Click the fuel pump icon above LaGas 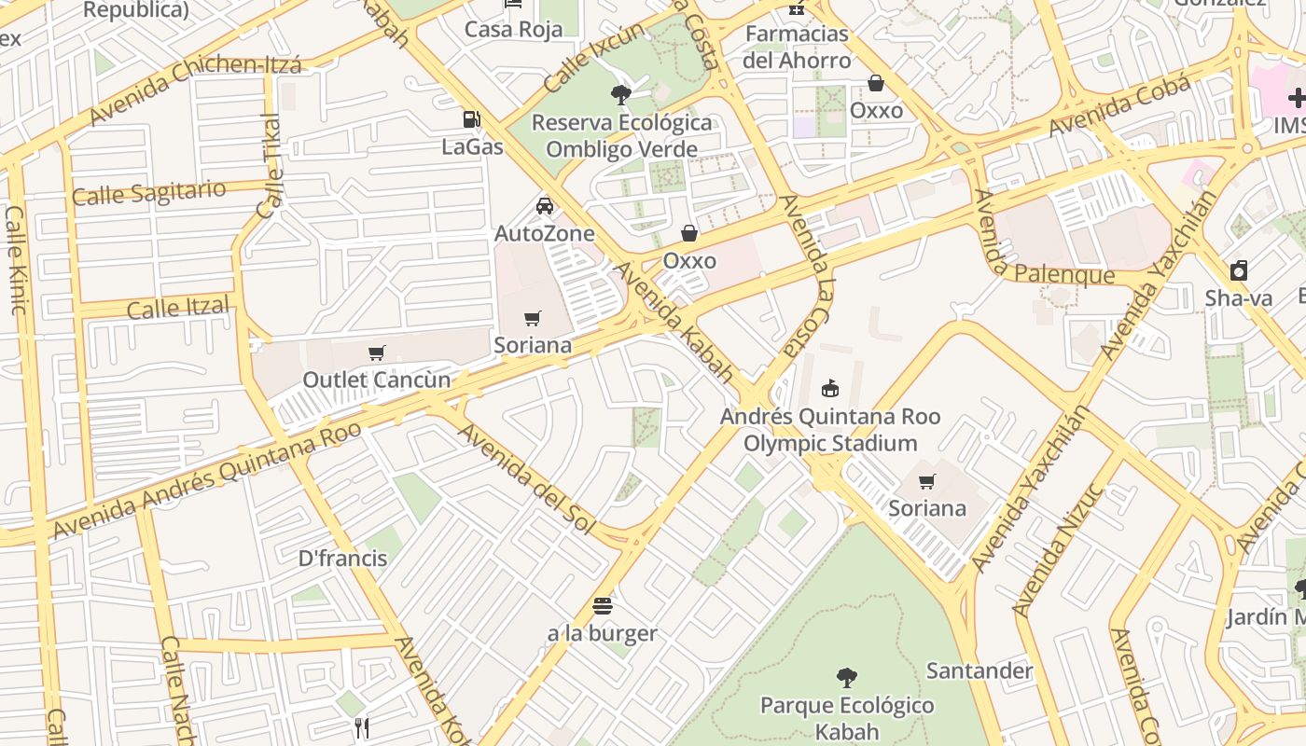point(472,119)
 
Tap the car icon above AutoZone point(545,206)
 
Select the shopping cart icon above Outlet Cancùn point(377,352)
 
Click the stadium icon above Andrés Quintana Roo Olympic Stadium point(829,388)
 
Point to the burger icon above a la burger point(603,606)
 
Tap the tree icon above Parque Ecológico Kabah point(847,678)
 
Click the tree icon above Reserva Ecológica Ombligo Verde point(620,94)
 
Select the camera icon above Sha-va point(1239,271)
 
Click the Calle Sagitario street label point(149,193)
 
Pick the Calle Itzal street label point(178,308)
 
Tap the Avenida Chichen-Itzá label point(195,90)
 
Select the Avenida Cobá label point(1119,105)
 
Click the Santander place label point(979,670)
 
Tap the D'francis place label point(342,559)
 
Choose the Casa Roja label point(514,29)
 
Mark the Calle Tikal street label point(270,166)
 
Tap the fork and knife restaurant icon point(362,728)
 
